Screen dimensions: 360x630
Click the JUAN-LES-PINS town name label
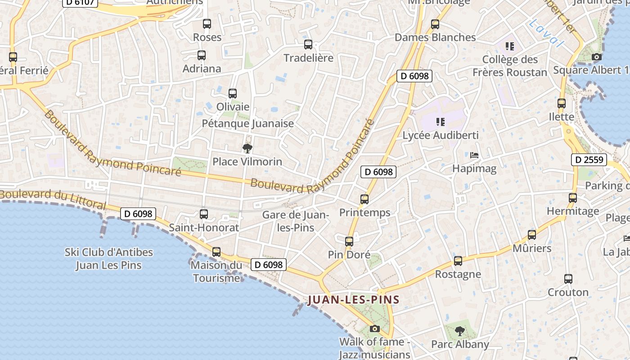(353, 300)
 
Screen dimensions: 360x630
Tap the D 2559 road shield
(589, 160)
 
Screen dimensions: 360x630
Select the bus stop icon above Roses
(207, 24)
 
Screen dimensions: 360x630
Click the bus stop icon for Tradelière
(308, 45)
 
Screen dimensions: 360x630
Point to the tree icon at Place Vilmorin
(247, 148)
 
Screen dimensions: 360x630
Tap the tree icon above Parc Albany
(459, 331)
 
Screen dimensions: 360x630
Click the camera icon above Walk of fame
(374, 328)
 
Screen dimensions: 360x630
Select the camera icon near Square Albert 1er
(597, 57)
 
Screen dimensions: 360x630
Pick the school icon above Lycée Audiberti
(441, 121)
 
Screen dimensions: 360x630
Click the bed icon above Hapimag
(474, 155)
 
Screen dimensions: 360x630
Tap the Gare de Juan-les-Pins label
(296, 221)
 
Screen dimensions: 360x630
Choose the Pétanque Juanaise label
(247, 123)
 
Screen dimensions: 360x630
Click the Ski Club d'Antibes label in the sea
(108, 259)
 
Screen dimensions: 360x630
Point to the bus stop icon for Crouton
(568, 279)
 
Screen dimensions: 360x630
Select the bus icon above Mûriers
(532, 235)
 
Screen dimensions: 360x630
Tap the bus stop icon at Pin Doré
(349, 242)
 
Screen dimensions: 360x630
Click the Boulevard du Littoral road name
(53, 199)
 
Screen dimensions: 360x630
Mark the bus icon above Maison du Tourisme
(216, 252)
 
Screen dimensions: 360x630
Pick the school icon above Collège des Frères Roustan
(510, 46)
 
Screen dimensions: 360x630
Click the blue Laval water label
(546, 33)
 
